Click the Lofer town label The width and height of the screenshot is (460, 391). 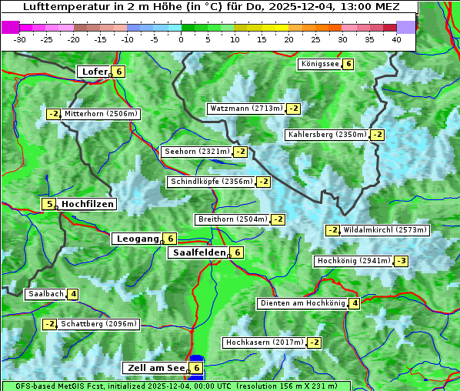[94, 72]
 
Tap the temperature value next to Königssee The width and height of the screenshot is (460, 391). [348, 64]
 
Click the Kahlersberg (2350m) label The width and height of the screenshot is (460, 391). [327, 135]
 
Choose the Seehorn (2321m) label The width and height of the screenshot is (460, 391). [197, 152]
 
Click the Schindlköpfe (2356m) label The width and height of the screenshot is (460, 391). [211, 182]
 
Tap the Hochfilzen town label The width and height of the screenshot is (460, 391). [88, 204]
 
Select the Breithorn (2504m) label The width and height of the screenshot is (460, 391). [232, 219]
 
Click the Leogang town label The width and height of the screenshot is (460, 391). [137, 239]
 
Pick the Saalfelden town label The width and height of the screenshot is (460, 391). [199, 252]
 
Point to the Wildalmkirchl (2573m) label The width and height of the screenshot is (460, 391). [385, 230]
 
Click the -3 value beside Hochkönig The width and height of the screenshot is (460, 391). [402, 261]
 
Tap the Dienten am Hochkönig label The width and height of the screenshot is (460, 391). [302, 303]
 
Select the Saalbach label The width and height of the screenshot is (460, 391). [45, 294]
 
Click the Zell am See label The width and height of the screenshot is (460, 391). [155, 368]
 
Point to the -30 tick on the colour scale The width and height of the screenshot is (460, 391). [20, 38]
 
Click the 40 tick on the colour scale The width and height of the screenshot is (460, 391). [396, 38]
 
